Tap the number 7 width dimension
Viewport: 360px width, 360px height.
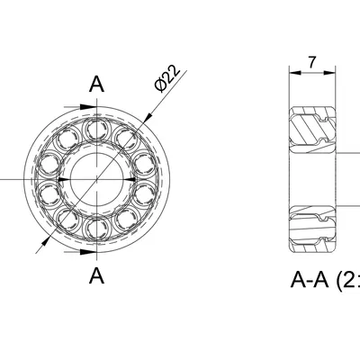[x=311, y=62]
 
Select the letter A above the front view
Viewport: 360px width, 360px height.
[x=97, y=85]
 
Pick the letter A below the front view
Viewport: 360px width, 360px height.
[x=97, y=275]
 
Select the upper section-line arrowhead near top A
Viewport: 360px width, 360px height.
[x=91, y=107]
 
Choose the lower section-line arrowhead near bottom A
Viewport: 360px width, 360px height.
[x=91, y=253]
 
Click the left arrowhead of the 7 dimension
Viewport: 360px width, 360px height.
[x=292, y=71]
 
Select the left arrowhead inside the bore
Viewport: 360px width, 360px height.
[x=62, y=179]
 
